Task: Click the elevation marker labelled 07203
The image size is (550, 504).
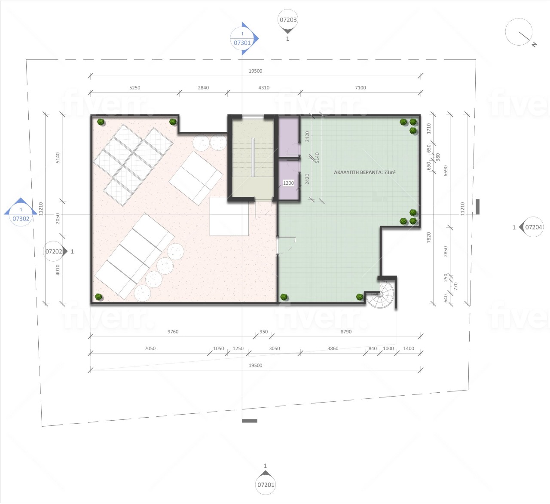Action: point(287,21)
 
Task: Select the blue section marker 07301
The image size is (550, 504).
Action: point(243,39)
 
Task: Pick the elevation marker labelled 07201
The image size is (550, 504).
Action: point(266,483)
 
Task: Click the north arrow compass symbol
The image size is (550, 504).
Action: point(520,33)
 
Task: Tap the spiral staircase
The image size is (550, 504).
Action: point(381,294)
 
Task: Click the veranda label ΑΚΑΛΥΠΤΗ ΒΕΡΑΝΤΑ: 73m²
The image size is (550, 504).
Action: point(364,172)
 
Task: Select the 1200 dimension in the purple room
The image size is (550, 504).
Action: point(288,183)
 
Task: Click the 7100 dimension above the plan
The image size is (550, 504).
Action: point(360,88)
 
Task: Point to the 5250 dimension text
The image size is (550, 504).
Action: point(134,88)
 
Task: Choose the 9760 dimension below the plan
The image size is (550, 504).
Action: point(173,332)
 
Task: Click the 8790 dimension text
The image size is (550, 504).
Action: point(346,332)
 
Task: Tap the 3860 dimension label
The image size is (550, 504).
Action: point(333,348)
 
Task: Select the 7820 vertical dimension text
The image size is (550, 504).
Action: point(429,238)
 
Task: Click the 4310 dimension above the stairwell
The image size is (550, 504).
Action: point(264,88)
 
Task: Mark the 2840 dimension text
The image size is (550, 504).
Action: point(203,88)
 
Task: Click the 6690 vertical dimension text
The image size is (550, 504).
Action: point(446,171)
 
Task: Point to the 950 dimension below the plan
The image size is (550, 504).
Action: point(263,332)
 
